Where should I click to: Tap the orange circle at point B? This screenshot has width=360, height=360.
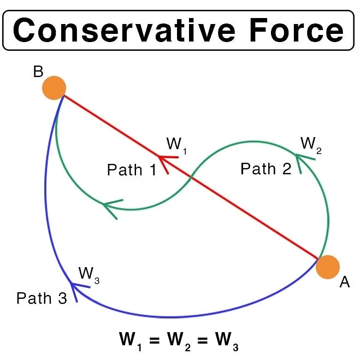[54, 87]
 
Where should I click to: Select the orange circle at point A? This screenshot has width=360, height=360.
[328, 267]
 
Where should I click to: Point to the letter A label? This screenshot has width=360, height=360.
[344, 283]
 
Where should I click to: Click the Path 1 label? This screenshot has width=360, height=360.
[132, 170]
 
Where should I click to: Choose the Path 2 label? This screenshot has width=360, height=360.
[265, 169]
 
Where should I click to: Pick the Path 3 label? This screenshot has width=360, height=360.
[42, 298]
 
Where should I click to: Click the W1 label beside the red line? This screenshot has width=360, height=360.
[176, 145]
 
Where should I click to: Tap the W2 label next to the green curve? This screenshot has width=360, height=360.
[311, 144]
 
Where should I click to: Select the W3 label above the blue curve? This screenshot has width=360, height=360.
[88, 273]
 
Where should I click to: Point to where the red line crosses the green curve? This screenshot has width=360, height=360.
[191, 177]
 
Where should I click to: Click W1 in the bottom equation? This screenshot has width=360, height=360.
[131, 340]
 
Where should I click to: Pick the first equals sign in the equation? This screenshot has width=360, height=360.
[155, 340]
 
